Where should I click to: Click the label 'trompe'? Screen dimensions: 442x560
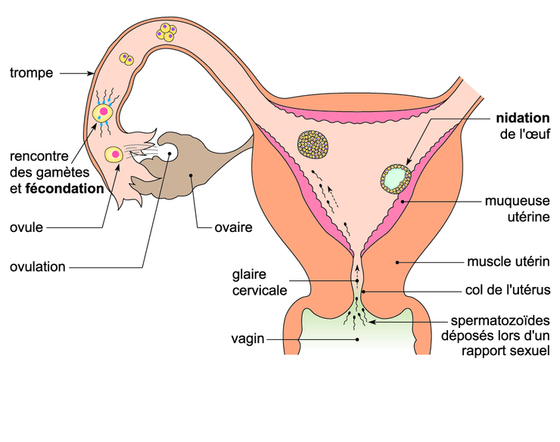point(31,73)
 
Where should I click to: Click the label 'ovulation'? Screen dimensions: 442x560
point(38,267)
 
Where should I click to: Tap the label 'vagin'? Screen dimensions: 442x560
point(248,339)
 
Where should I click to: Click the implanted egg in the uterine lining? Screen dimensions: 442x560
point(394,178)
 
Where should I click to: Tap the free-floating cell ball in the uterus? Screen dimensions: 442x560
point(312,144)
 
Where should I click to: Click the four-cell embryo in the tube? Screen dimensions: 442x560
point(166,32)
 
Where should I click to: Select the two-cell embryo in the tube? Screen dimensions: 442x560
point(126,58)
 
